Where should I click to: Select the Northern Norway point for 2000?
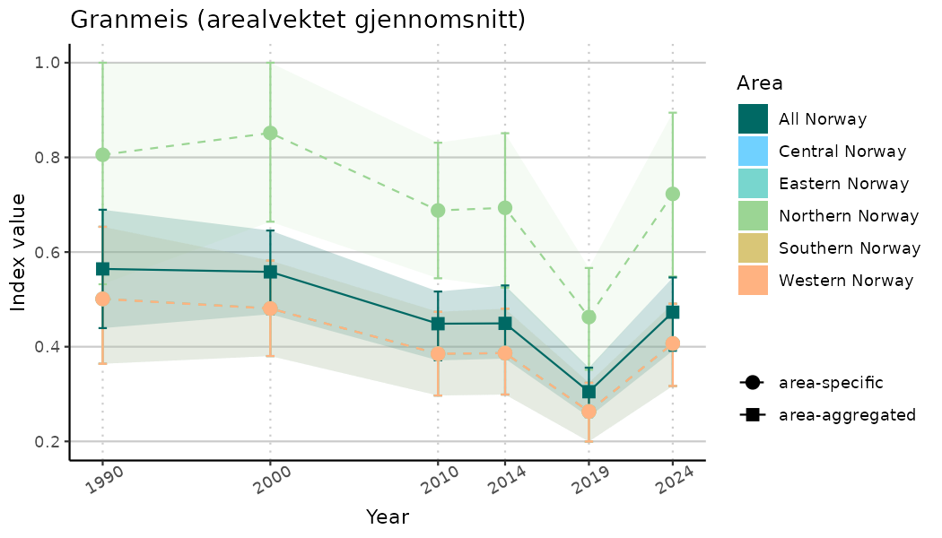tap(270, 133)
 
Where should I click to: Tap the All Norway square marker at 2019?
tap(589, 392)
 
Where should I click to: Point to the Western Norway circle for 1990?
tap(102, 299)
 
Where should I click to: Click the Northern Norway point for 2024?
tap(673, 194)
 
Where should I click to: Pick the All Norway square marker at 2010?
tap(438, 324)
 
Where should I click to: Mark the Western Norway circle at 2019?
tap(589, 412)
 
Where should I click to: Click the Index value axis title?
tap(19, 252)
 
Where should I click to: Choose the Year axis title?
tap(388, 517)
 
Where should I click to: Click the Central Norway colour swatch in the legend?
tap(754, 152)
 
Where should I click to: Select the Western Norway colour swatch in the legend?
tap(754, 281)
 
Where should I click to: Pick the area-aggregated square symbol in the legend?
tap(752, 415)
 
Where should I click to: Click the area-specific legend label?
tap(831, 383)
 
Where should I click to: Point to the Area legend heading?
tap(760, 83)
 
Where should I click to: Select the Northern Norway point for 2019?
tap(589, 317)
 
